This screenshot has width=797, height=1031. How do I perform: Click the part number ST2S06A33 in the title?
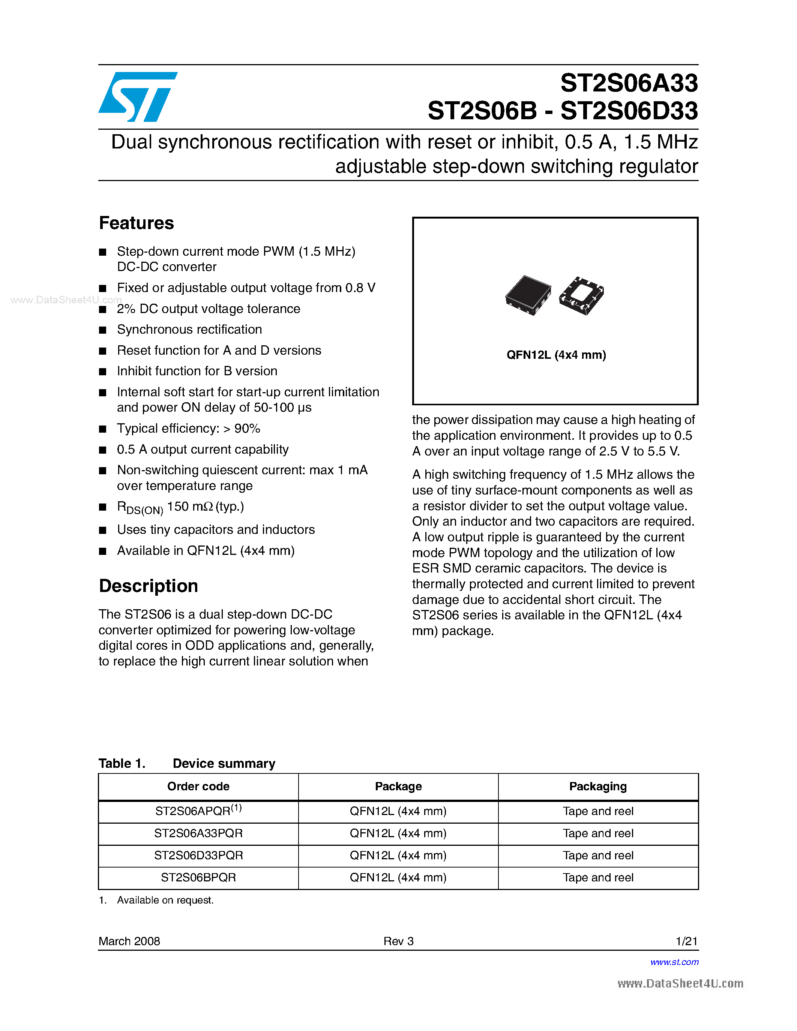pyautogui.click(x=629, y=83)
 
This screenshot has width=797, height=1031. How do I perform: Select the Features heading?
pyautogui.click(x=137, y=223)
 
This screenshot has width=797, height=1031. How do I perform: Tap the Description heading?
pyautogui.click(x=148, y=586)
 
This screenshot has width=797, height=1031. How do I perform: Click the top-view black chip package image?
pyautogui.click(x=528, y=295)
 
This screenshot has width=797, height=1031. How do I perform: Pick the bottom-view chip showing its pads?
pyautogui.click(x=581, y=295)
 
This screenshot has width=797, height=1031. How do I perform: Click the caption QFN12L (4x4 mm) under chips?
pyautogui.click(x=556, y=355)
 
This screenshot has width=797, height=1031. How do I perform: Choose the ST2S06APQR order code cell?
pyautogui.click(x=198, y=811)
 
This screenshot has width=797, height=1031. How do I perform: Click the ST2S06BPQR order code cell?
pyautogui.click(x=198, y=878)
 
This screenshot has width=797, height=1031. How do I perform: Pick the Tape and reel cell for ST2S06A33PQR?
pyautogui.click(x=598, y=833)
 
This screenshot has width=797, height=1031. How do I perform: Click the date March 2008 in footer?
pyautogui.click(x=129, y=941)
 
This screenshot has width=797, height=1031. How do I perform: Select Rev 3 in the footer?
pyautogui.click(x=398, y=941)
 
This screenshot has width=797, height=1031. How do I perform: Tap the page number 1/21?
pyautogui.click(x=686, y=941)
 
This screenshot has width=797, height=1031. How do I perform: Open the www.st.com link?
pyautogui.click(x=674, y=962)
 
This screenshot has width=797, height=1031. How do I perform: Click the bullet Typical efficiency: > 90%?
pyautogui.click(x=188, y=429)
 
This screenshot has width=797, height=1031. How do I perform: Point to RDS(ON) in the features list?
pyautogui.click(x=140, y=508)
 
